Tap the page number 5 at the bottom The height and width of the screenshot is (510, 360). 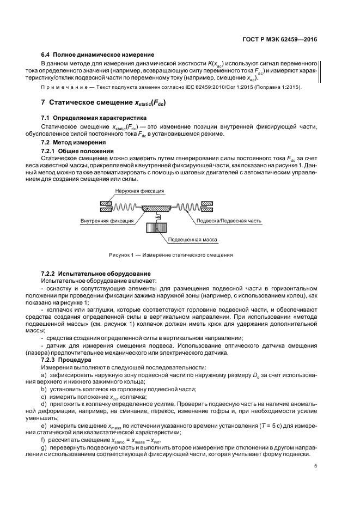[x=316, y=465]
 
